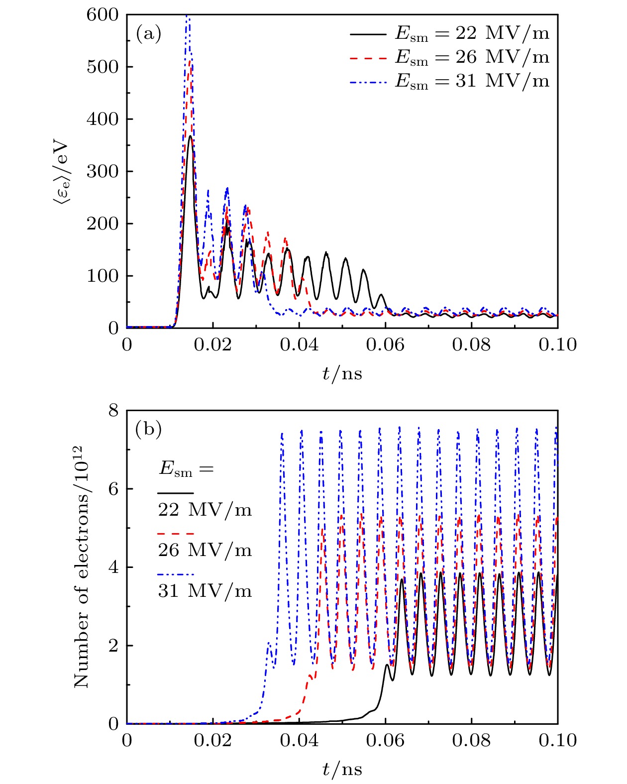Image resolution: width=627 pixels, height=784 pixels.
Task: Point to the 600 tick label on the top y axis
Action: pyautogui.click(x=103, y=15)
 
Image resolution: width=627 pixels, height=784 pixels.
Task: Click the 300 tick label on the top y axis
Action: pyautogui.click(x=103, y=171)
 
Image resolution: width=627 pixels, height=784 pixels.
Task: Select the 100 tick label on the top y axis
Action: pyautogui.click(x=103, y=276)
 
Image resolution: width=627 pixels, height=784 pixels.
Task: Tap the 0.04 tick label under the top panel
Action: pyautogui.click(x=299, y=344)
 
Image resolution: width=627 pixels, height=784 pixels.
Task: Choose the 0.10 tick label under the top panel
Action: pyautogui.click(x=557, y=344)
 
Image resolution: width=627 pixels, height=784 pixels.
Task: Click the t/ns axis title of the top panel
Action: pyautogui.click(x=342, y=373)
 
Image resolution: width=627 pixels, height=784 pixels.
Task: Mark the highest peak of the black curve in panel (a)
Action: pyautogui.click(x=190, y=136)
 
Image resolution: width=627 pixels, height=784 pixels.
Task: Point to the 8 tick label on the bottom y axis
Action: pyautogui.click(x=113, y=410)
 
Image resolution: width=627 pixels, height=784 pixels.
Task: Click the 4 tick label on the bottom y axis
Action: pyautogui.click(x=113, y=567)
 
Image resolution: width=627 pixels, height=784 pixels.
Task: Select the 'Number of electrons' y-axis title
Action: pyautogui.click(x=82, y=567)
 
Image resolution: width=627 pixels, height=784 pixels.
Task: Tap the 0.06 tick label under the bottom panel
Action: pyautogui.click(x=385, y=740)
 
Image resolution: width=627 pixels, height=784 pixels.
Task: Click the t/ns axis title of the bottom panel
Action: pyautogui.click(x=342, y=769)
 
